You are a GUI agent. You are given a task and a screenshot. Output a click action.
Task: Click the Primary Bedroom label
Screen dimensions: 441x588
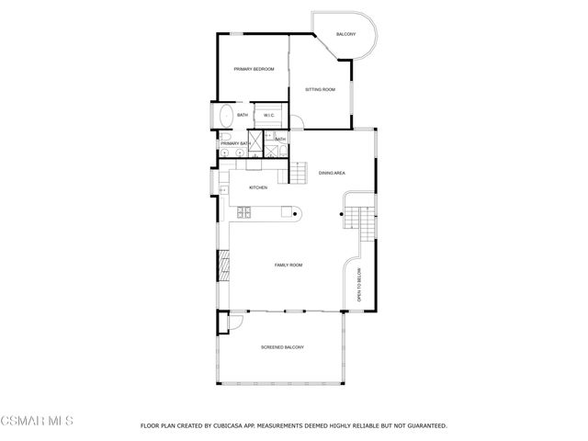coord(254,69)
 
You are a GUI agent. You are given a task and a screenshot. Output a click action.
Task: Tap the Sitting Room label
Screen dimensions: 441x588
coord(320,89)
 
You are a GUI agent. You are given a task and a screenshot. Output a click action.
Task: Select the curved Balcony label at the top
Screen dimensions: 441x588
coord(345,34)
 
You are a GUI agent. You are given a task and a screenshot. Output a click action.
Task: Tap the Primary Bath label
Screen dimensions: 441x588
coord(235,143)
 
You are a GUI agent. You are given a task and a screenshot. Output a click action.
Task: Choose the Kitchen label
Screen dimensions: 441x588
coord(257,187)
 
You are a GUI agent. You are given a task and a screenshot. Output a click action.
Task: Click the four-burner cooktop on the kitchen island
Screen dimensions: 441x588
coord(245,214)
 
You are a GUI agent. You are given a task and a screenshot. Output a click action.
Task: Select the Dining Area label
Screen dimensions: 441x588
coord(332,173)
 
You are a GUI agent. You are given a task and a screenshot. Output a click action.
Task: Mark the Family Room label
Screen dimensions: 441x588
coord(288,265)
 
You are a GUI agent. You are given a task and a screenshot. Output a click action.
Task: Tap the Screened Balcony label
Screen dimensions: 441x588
coord(282,347)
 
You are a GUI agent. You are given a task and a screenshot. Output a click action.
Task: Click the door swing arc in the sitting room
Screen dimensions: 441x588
coord(299,123)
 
